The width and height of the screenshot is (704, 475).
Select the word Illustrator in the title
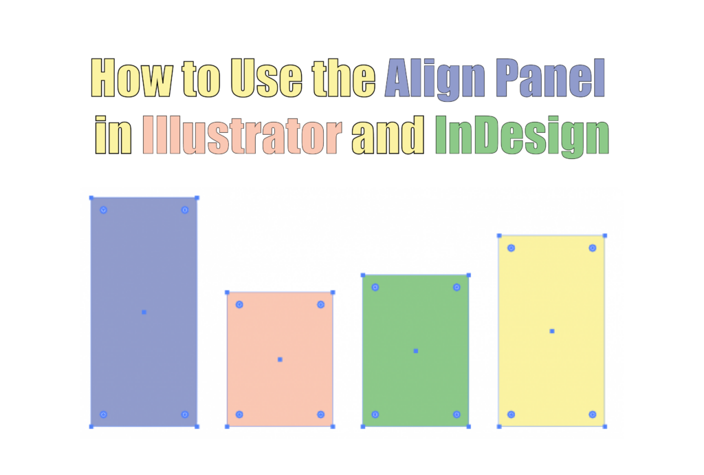pos(243,136)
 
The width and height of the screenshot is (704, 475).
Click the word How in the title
pos(132,79)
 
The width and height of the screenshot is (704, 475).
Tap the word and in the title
pos(388,136)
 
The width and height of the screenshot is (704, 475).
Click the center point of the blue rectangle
pos(144,312)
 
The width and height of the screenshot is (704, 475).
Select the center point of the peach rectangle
pos(280,359)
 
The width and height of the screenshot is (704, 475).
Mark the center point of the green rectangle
pos(415,351)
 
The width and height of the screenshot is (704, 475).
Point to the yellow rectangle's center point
pos(551,331)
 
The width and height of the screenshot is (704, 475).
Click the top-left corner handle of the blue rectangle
pos(91,198)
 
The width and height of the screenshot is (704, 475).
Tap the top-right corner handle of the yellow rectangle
pos(604,236)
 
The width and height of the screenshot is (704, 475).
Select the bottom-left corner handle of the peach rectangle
pos(228,427)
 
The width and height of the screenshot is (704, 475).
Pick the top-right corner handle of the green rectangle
pos(469,275)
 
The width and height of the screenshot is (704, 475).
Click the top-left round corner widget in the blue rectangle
pos(103,209)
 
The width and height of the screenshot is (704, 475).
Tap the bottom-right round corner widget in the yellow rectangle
pos(593,414)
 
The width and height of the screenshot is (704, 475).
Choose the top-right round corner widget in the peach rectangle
pos(320,304)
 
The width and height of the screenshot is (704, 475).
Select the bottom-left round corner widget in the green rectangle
pos(375,414)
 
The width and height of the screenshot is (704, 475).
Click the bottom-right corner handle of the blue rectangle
pos(197,427)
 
